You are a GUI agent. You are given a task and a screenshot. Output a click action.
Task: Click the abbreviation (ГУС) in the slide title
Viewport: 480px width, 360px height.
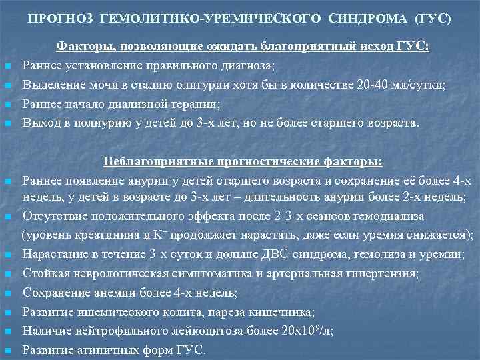pos(433,19)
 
